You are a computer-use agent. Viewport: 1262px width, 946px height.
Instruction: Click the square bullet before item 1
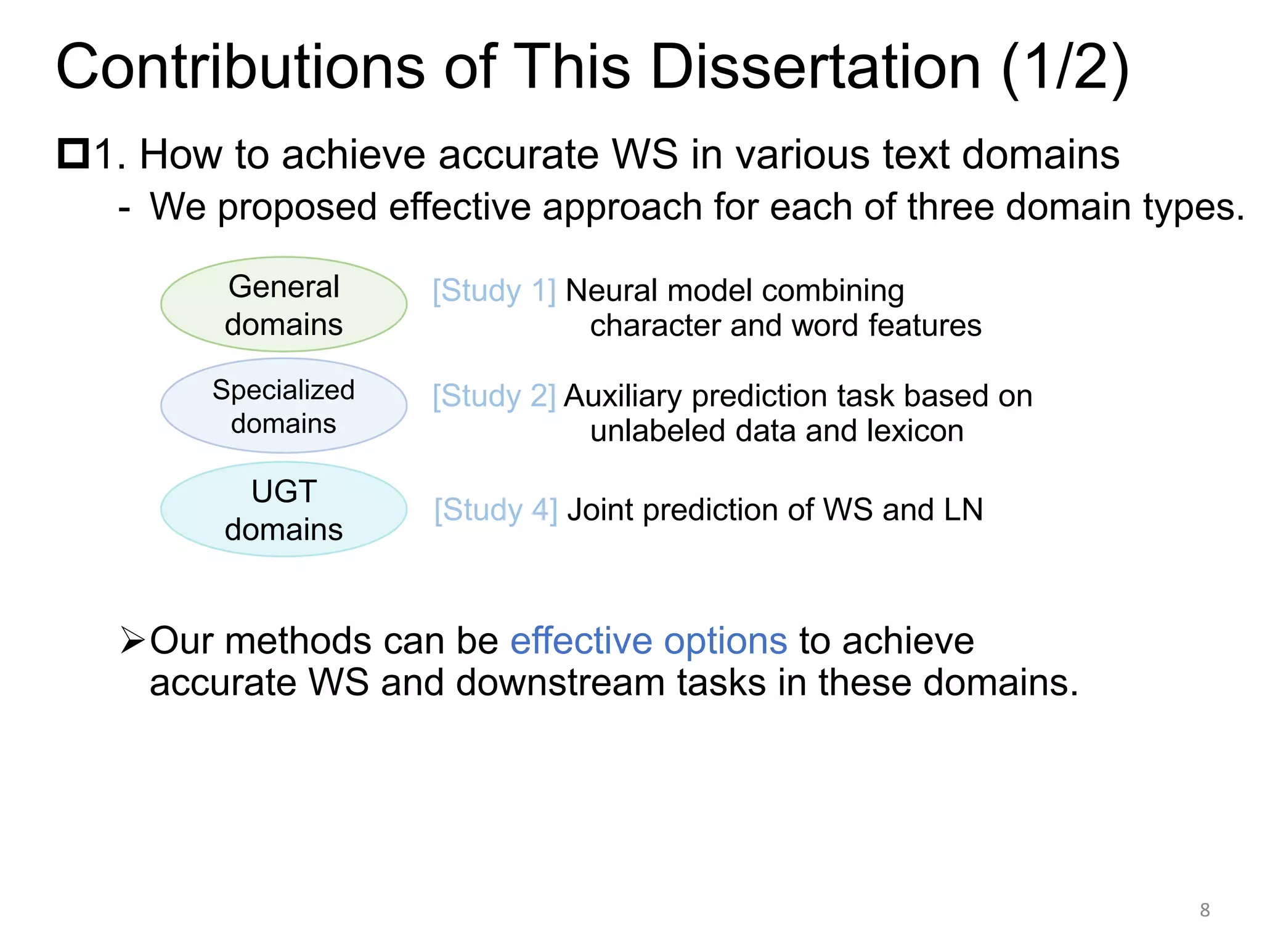click(x=73, y=154)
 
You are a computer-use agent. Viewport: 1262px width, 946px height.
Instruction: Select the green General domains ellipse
click(x=283, y=304)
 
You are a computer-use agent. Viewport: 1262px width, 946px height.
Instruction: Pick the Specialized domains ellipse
click(x=283, y=406)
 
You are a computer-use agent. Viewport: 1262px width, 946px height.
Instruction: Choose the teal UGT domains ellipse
click(x=283, y=509)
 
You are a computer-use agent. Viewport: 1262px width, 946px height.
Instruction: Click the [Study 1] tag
click(x=494, y=291)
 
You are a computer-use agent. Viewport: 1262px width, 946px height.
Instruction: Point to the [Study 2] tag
click(x=494, y=396)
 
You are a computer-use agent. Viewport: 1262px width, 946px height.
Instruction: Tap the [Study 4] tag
click(x=496, y=510)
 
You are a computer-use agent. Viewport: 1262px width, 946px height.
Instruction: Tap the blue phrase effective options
click(x=648, y=641)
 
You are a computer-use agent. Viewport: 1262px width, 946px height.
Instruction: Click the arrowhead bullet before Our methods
click(x=132, y=641)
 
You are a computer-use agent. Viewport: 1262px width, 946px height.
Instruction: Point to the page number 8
click(x=1205, y=910)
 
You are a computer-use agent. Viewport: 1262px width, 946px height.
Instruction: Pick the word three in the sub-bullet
click(x=951, y=207)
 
